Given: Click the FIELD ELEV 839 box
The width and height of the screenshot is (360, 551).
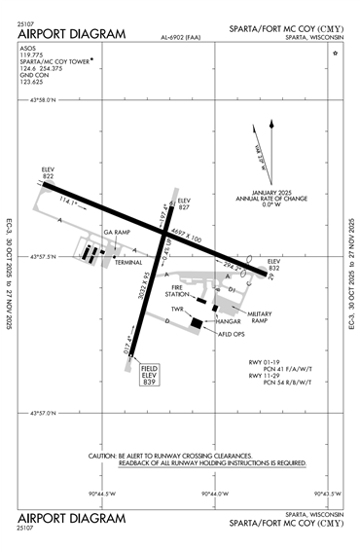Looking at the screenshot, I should click(150, 376).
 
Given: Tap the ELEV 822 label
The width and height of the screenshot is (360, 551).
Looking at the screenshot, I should click(48, 172).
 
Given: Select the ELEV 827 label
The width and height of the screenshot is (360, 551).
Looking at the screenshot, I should click(184, 203).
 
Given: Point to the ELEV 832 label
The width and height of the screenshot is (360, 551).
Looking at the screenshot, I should click(273, 264).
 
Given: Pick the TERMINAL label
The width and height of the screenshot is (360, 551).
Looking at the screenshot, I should click(128, 262).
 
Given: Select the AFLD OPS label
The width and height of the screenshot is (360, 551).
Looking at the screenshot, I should click(227, 332).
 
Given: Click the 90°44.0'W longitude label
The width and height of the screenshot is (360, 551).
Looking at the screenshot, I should click(214, 494).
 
